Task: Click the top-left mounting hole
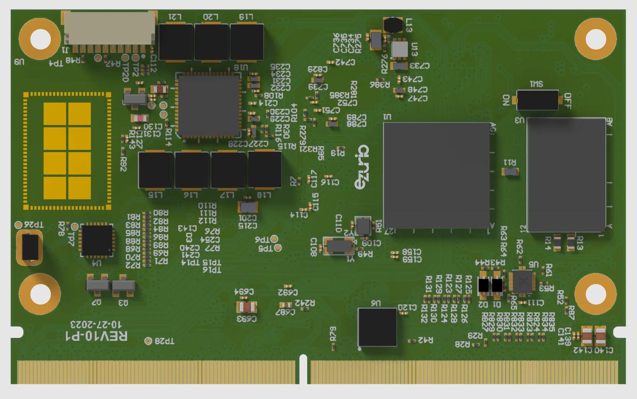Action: [x=40, y=39]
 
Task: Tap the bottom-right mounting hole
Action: [x=596, y=294]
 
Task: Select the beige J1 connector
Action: [x=109, y=28]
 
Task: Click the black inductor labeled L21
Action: [x=176, y=42]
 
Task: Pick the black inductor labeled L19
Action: [x=247, y=42]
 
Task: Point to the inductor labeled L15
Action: [x=155, y=170]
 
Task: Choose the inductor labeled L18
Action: [x=265, y=170]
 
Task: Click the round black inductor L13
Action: [x=393, y=25]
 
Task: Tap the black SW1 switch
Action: [x=537, y=100]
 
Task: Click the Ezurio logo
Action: [x=362, y=168]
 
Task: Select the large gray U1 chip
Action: [x=437, y=175]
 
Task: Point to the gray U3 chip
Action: [x=566, y=175]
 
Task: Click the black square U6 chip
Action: [x=377, y=327]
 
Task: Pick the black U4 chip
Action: [x=97, y=240]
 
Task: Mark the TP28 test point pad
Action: [x=148, y=341]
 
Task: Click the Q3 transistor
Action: [x=123, y=286]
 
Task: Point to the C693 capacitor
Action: [x=246, y=308]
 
